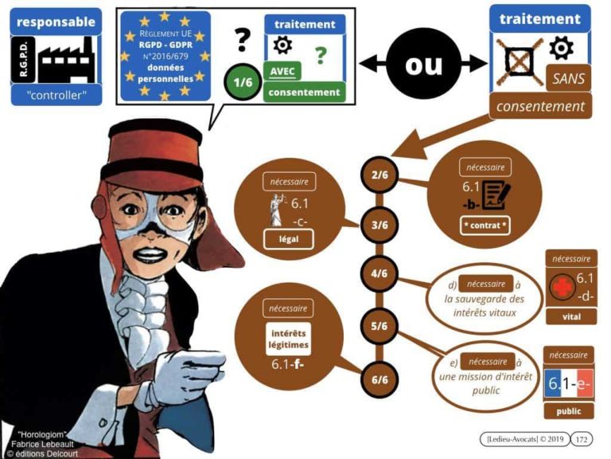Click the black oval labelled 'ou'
(422, 65)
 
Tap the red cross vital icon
(561, 288)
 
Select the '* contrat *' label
(485, 226)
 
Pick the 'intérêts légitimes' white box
(289, 339)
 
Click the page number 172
(582, 439)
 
